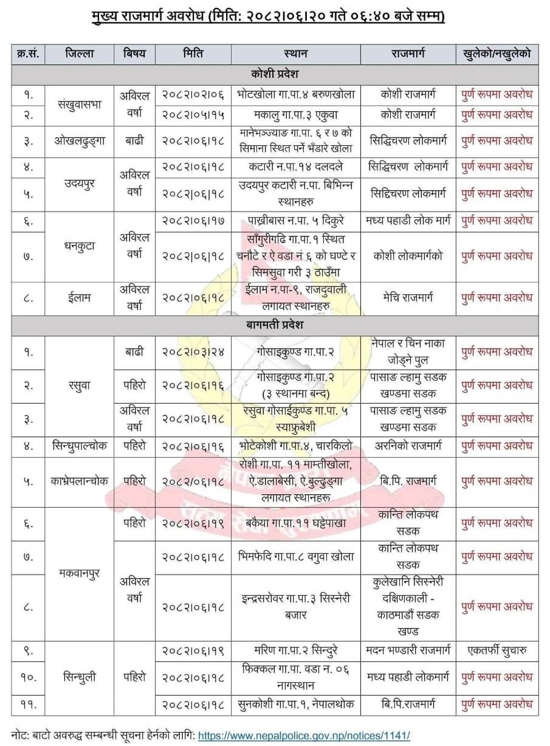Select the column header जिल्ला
79,54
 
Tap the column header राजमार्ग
408,54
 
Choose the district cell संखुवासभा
79,104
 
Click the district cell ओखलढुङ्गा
79,140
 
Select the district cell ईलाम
79,297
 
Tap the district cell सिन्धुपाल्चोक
79,446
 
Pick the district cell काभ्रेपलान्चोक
79,480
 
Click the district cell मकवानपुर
79,573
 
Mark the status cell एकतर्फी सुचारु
497,650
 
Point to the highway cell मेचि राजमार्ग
408,297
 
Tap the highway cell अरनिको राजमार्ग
408,446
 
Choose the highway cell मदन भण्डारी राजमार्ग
408,650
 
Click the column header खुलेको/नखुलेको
497,54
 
